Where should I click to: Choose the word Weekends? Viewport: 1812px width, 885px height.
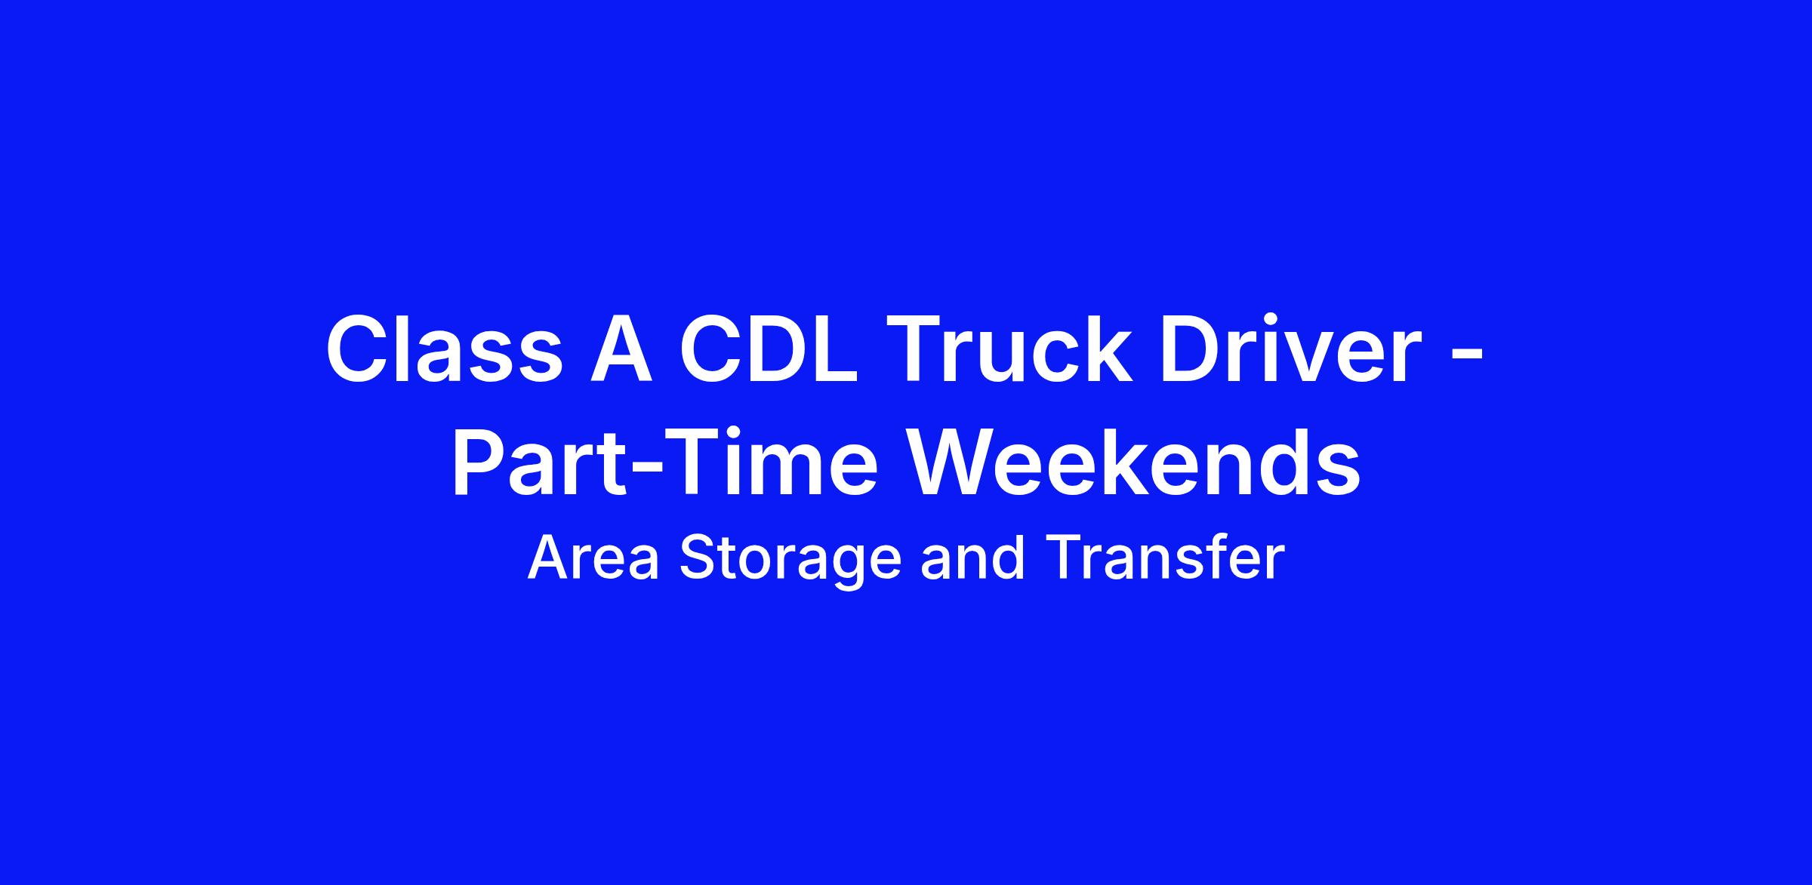coord(1137,462)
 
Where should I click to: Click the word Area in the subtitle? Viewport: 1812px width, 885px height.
coord(593,558)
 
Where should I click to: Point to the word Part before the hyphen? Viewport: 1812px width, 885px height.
coord(539,462)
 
